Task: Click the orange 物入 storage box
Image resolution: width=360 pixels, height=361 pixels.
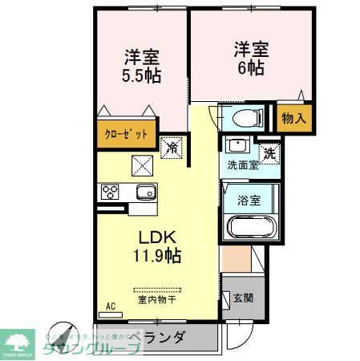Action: point(293,118)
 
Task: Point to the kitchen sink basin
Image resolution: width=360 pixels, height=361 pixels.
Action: point(145,193)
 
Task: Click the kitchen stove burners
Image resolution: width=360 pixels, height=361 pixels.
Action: point(110,193)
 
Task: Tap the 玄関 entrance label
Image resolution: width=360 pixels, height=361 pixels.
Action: point(243,298)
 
